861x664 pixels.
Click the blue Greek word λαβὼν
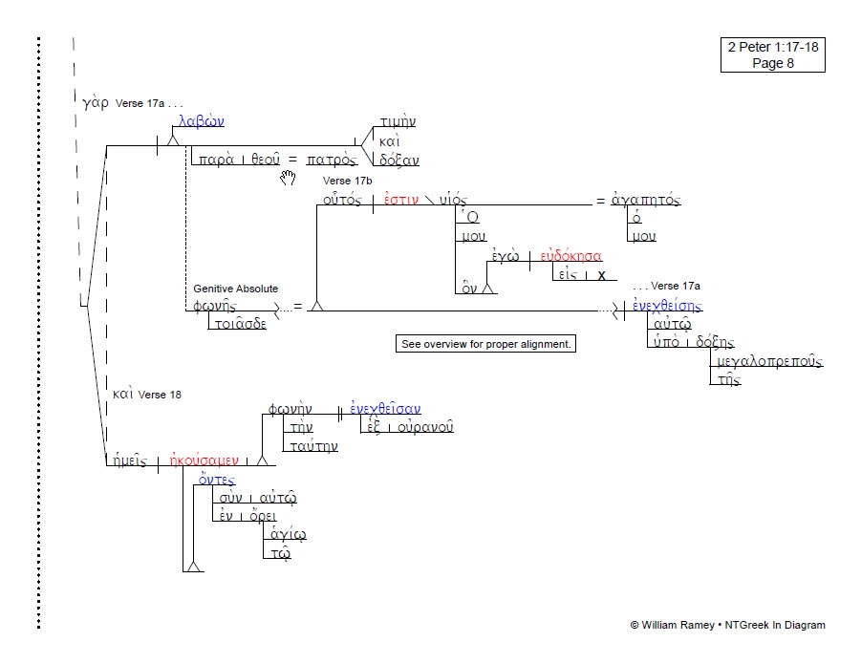pyautogui.click(x=201, y=122)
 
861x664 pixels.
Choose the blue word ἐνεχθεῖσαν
pyautogui.click(x=385, y=410)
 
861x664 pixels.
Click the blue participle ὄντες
pyautogui.click(x=216, y=481)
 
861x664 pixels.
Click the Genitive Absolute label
pyautogui.click(x=235, y=289)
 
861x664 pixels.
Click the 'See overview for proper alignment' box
pyautogui.click(x=486, y=344)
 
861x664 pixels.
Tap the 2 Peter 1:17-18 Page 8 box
pyautogui.click(x=773, y=55)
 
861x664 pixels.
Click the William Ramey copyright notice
pyautogui.click(x=727, y=625)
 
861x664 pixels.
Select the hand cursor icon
pyautogui.click(x=288, y=179)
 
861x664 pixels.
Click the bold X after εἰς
pyautogui.click(x=601, y=275)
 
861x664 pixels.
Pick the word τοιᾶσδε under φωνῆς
pyautogui.click(x=238, y=323)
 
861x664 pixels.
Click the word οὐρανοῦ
pyautogui.click(x=425, y=426)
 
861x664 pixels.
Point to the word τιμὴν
pyautogui.click(x=397, y=123)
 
